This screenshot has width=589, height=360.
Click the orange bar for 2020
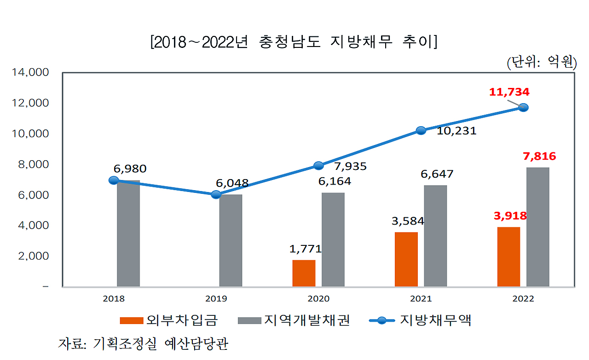coord(304,273)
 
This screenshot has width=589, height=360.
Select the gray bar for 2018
coord(128,233)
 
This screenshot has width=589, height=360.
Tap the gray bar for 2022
coord(537,227)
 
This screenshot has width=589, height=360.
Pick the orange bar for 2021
coord(406,259)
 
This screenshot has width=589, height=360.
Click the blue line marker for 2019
coord(216,195)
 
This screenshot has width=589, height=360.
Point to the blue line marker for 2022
coord(523,107)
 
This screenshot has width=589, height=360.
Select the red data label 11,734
coord(509,92)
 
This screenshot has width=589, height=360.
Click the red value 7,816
coord(539,157)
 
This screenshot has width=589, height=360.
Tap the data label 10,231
coord(457,131)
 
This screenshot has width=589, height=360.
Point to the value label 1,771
coord(305,249)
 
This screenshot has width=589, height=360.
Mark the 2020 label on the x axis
coord(318,299)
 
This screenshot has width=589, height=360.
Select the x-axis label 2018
coord(113,299)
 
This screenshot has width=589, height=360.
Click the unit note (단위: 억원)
coord(541,62)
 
